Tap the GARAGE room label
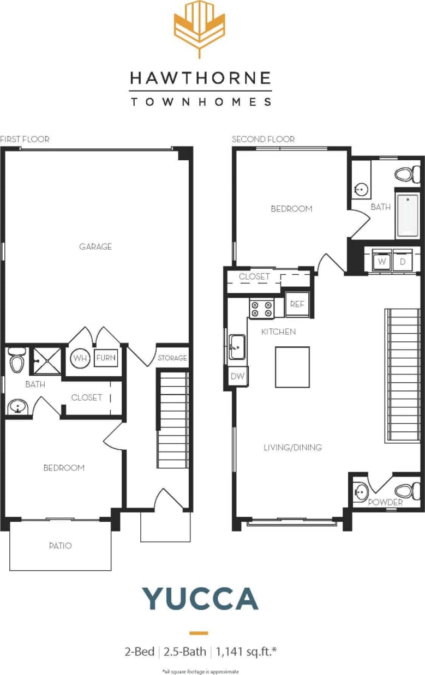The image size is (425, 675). point(95,246)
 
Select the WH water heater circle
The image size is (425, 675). point(80,359)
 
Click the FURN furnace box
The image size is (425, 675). point(106,358)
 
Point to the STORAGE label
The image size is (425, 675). point(172,358)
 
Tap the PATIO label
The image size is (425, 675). point(60,545)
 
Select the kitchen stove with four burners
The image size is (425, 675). point(261,309)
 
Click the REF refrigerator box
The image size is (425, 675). point(297,304)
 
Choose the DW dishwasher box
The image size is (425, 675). point(237,376)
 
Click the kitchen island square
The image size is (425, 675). point(292,367)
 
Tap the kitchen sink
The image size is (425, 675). point(237,347)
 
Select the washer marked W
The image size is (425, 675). point(382,261)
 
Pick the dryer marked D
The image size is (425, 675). point(403,261)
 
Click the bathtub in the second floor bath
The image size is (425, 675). point(408,215)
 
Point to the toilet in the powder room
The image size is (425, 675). point(406,489)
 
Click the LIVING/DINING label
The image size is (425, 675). point(292,448)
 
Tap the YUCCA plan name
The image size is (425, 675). point(200,599)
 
